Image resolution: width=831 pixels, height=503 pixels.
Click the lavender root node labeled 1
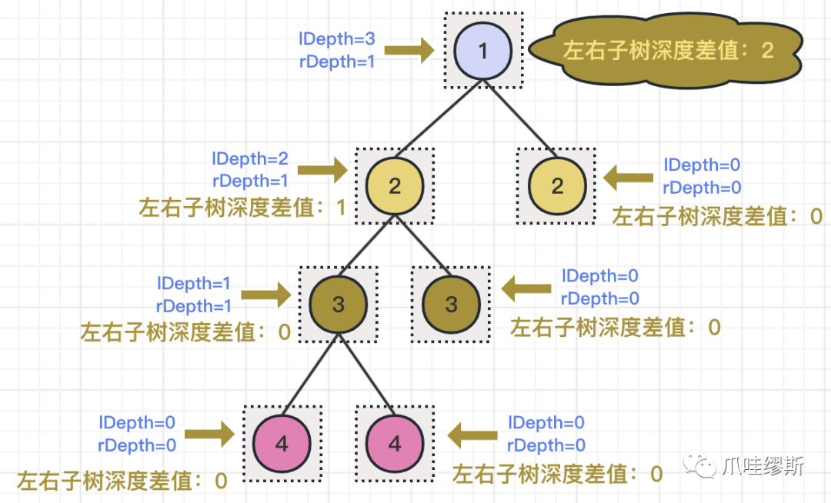coord(482,51)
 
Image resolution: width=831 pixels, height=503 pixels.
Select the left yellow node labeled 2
coord(395,186)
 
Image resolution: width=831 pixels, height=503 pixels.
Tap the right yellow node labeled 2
coord(557,186)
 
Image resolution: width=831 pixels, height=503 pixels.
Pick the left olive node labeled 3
coord(338,305)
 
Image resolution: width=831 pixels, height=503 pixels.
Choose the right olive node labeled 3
coord(451,305)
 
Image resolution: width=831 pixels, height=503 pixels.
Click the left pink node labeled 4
coord(282,444)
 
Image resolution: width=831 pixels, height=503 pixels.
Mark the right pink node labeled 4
coord(395,444)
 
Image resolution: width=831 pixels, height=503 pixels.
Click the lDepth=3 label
coord(337,38)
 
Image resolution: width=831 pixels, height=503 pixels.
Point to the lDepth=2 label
coord(250,158)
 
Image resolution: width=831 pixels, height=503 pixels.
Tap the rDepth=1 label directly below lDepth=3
coord(337,62)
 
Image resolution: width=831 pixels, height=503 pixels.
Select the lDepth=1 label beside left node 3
coord(194,283)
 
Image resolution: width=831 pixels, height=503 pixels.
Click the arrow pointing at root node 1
coord(409,50)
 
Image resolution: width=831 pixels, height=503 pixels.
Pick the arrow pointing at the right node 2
coord(628,178)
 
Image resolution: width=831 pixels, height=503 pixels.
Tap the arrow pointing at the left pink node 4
coord(210,435)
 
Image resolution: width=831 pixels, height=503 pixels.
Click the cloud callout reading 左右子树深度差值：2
coord(666,51)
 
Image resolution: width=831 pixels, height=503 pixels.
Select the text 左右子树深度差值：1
coord(242,208)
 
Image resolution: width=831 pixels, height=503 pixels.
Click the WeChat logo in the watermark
coord(699,465)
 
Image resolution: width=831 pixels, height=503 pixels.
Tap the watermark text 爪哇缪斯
coord(763,466)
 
